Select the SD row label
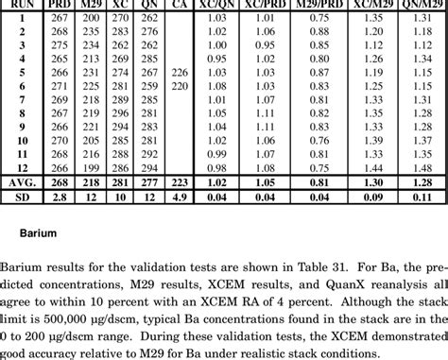pyautogui.click(x=21, y=197)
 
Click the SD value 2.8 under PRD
pyautogui.click(x=60, y=197)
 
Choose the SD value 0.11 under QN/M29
pyautogui.click(x=422, y=197)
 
